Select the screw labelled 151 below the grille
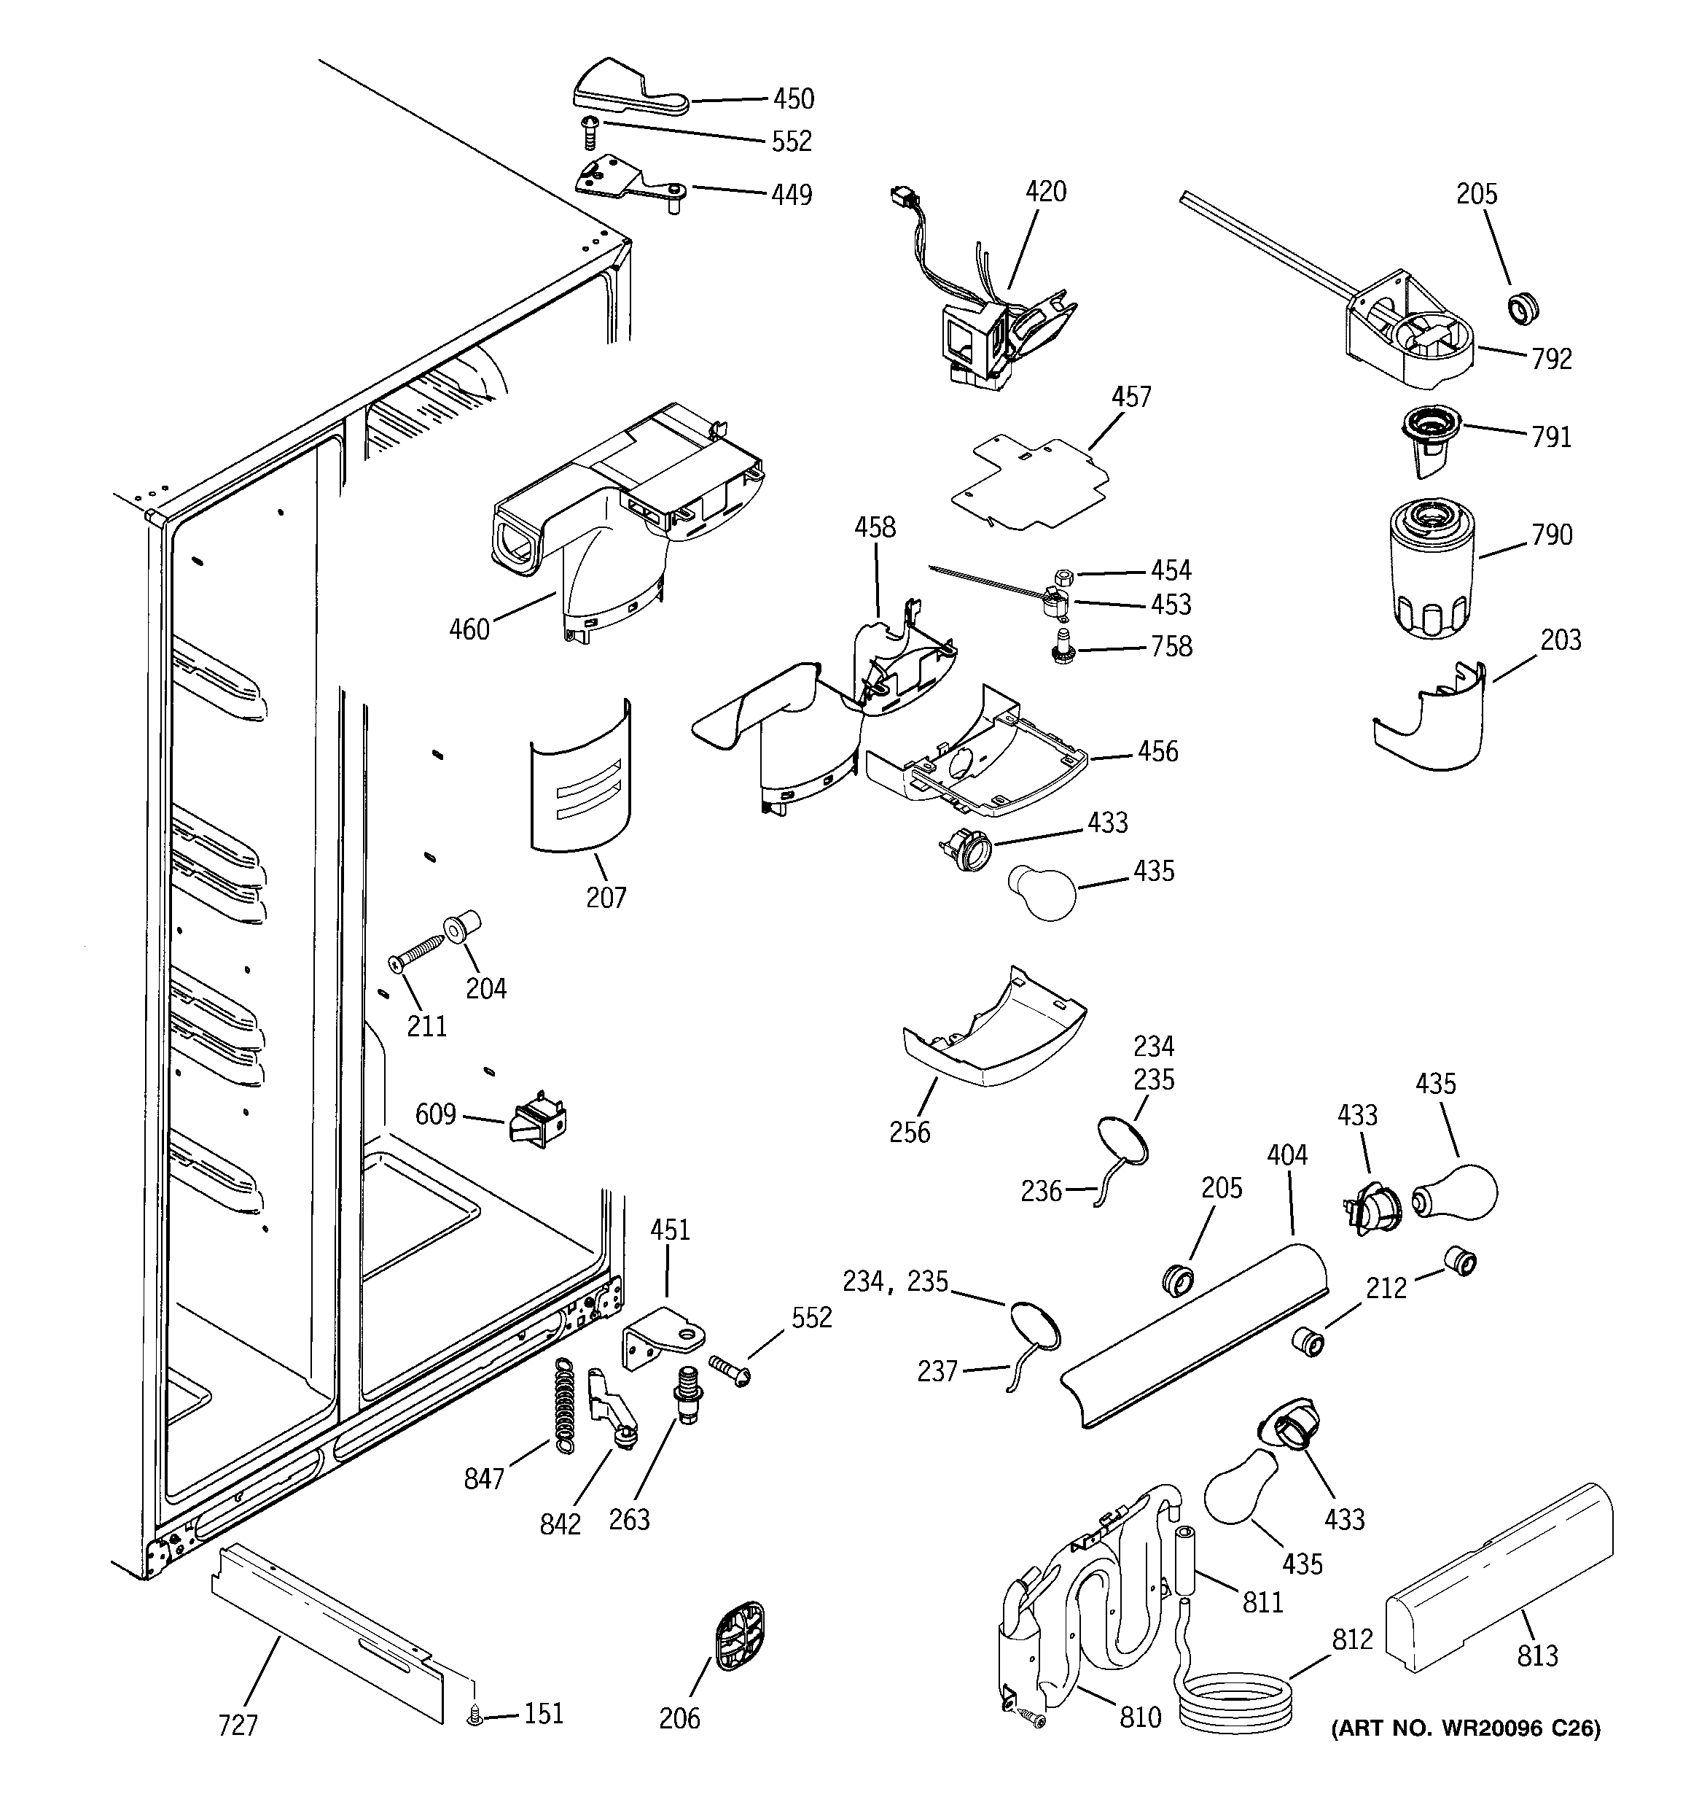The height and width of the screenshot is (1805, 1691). pos(474,1715)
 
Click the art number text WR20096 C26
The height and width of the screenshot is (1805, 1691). pos(1465,1753)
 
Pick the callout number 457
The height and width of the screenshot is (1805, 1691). pos(1131,397)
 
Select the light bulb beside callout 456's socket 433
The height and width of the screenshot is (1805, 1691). pos(1042,893)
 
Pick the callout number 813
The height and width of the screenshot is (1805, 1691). pos(1538,1655)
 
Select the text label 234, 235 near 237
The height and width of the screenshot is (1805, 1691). pos(895,1281)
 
